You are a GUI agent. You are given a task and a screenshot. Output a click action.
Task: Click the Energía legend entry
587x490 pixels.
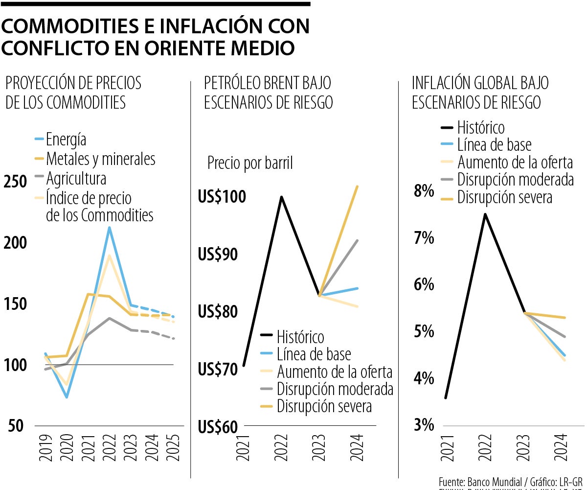(x=66, y=140)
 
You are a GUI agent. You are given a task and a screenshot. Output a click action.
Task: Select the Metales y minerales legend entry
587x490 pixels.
(x=100, y=159)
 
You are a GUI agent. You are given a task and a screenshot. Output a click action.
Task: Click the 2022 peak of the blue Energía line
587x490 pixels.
(x=110, y=227)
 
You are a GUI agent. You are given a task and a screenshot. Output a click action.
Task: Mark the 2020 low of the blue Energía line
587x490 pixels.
(x=67, y=397)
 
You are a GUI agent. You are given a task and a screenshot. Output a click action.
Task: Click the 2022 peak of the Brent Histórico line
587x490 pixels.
(x=281, y=197)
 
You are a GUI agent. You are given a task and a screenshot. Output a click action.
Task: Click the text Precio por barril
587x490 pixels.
(x=250, y=163)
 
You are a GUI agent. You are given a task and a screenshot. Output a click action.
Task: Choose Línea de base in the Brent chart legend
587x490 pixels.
(x=314, y=354)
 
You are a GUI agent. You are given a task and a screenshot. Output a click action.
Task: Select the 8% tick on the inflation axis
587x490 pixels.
(x=424, y=191)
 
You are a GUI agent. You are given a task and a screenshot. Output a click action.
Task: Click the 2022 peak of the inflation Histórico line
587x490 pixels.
(x=485, y=214)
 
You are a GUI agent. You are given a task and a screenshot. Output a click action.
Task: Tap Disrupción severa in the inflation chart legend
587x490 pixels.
(x=504, y=197)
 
